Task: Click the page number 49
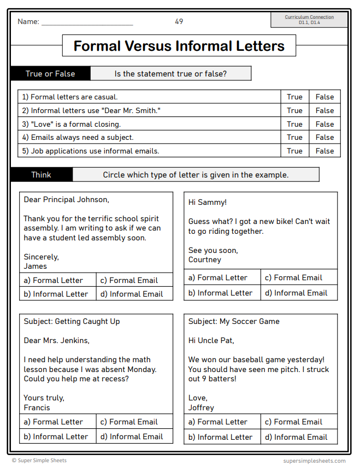pos(179,21)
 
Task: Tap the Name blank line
pos(87,23)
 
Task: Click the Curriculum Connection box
pos(309,20)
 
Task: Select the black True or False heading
pos(50,74)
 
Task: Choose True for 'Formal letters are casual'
pos(294,97)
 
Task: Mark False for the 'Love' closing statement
pos(324,124)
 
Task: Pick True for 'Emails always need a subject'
pos(294,137)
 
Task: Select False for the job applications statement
pos(324,151)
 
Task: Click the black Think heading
pos(41,175)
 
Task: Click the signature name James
pos(36,266)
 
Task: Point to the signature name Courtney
pos(205,259)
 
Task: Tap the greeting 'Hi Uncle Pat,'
pos(211,340)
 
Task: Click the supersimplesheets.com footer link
pos(314,461)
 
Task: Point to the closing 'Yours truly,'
pos(44,398)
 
